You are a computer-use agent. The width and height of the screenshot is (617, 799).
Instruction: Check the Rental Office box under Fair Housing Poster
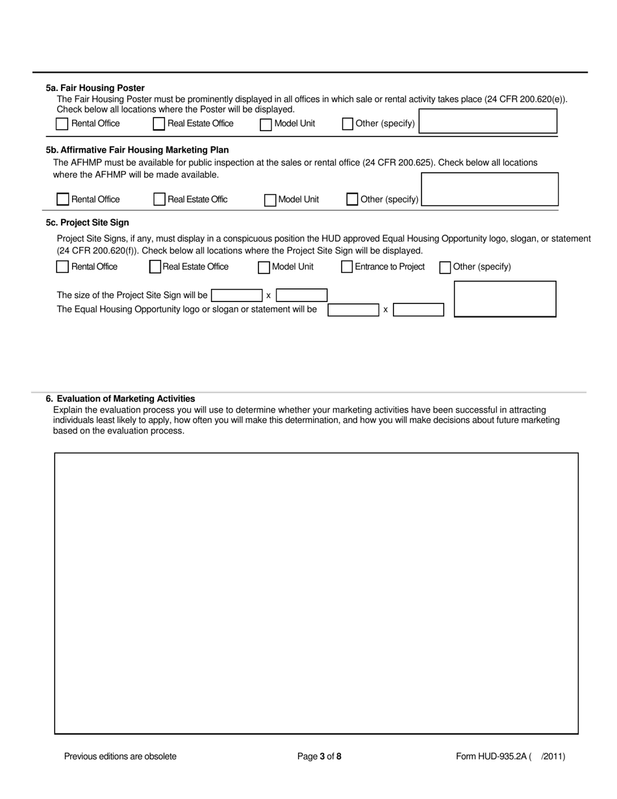[62, 123]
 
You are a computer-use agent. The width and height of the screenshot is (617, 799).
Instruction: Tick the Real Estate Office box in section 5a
[159, 123]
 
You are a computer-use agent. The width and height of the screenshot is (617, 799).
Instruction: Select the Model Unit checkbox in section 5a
[266, 124]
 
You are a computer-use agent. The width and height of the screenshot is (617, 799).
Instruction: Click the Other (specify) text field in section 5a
[487, 121]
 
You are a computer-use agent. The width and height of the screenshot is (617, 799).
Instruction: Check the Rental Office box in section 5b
[63, 199]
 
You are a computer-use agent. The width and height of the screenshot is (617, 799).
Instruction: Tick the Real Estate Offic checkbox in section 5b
[159, 199]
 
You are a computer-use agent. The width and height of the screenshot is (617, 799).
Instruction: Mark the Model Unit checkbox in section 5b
[270, 200]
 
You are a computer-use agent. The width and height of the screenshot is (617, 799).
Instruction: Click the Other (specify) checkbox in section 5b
[352, 199]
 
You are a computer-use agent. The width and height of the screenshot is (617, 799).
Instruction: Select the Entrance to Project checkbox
[347, 267]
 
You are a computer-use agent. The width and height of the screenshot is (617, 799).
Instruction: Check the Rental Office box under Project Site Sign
[62, 267]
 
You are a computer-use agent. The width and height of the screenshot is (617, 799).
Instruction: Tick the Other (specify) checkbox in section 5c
[445, 267]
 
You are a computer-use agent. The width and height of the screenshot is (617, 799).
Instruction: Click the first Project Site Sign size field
[236, 296]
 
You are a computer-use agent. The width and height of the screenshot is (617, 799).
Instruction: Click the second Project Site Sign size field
[301, 296]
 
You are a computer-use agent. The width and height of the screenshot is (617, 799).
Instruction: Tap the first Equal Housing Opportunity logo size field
[353, 310]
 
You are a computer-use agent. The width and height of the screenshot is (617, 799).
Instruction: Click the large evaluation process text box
[316, 593]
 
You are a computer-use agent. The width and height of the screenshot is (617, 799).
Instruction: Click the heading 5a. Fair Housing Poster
[95, 88]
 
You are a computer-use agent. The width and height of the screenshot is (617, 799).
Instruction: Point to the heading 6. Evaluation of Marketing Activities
[120, 399]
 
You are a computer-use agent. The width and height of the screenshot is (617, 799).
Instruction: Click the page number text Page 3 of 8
[319, 756]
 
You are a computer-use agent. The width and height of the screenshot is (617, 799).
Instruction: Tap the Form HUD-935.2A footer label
[510, 756]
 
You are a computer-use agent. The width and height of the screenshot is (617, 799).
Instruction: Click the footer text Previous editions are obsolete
[120, 756]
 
